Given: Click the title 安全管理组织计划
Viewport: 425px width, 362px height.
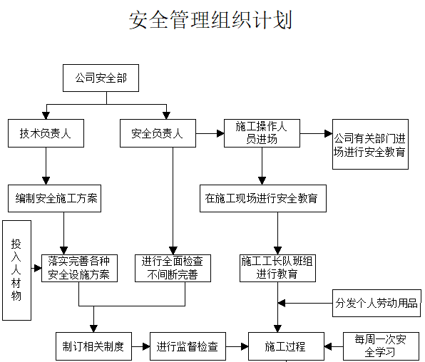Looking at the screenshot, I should coord(211,19).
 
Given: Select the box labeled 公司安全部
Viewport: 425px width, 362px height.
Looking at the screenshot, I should coord(96,78).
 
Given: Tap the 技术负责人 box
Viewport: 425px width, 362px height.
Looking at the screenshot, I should coord(46,133).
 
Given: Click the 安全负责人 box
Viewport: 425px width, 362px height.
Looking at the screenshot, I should coord(157,133).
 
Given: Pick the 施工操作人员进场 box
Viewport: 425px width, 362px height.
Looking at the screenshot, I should coord(261,133).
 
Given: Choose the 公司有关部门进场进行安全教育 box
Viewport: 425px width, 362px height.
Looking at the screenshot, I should coord(370,145).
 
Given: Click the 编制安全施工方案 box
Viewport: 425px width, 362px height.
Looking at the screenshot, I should coord(54,198).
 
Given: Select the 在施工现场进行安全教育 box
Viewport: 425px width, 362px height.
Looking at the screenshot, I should coord(262,198).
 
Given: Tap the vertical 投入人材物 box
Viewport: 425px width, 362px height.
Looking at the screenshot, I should coord(16,269).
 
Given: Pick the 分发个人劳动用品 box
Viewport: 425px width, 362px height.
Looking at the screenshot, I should coord(377,302).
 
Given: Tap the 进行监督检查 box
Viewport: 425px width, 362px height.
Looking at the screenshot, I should coord(188,346).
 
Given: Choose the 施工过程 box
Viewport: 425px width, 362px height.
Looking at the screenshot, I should coord(285,346).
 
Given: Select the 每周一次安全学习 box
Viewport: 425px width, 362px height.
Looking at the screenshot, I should coord(379,346).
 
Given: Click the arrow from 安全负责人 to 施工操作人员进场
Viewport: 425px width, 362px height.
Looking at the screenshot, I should coord(210,133).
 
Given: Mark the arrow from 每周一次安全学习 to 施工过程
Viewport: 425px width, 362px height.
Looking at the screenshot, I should coord(333,346).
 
